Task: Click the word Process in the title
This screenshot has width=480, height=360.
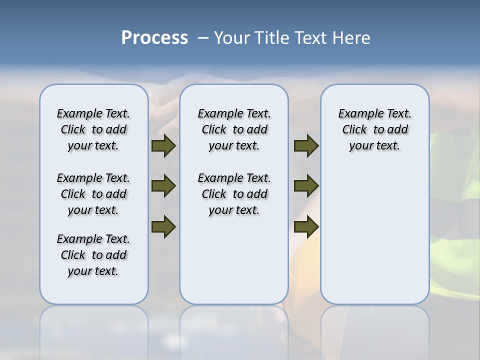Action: tap(154, 38)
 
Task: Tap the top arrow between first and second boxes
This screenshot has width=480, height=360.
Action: tap(163, 145)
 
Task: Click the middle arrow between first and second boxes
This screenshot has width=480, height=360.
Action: tap(163, 186)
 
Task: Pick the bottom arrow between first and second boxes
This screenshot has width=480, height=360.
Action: tap(163, 226)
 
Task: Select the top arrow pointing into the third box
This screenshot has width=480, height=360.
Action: tap(306, 145)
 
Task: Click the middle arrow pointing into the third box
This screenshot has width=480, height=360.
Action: tap(306, 186)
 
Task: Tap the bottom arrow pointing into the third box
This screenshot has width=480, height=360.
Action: tap(306, 226)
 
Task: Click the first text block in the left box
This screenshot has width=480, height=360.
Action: tap(93, 129)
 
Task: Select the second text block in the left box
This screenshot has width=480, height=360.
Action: tap(93, 194)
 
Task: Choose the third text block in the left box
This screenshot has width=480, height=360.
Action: tap(93, 255)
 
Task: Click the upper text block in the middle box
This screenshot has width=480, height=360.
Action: tap(234, 129)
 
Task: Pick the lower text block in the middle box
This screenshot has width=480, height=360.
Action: tap(234, 194)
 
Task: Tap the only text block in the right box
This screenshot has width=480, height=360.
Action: tap(374, 129)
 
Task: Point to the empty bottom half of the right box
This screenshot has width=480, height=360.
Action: tap(374, 240)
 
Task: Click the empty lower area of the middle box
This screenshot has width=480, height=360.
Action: tap(234, 260)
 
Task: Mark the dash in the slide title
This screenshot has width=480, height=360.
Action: tap(203, 38)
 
